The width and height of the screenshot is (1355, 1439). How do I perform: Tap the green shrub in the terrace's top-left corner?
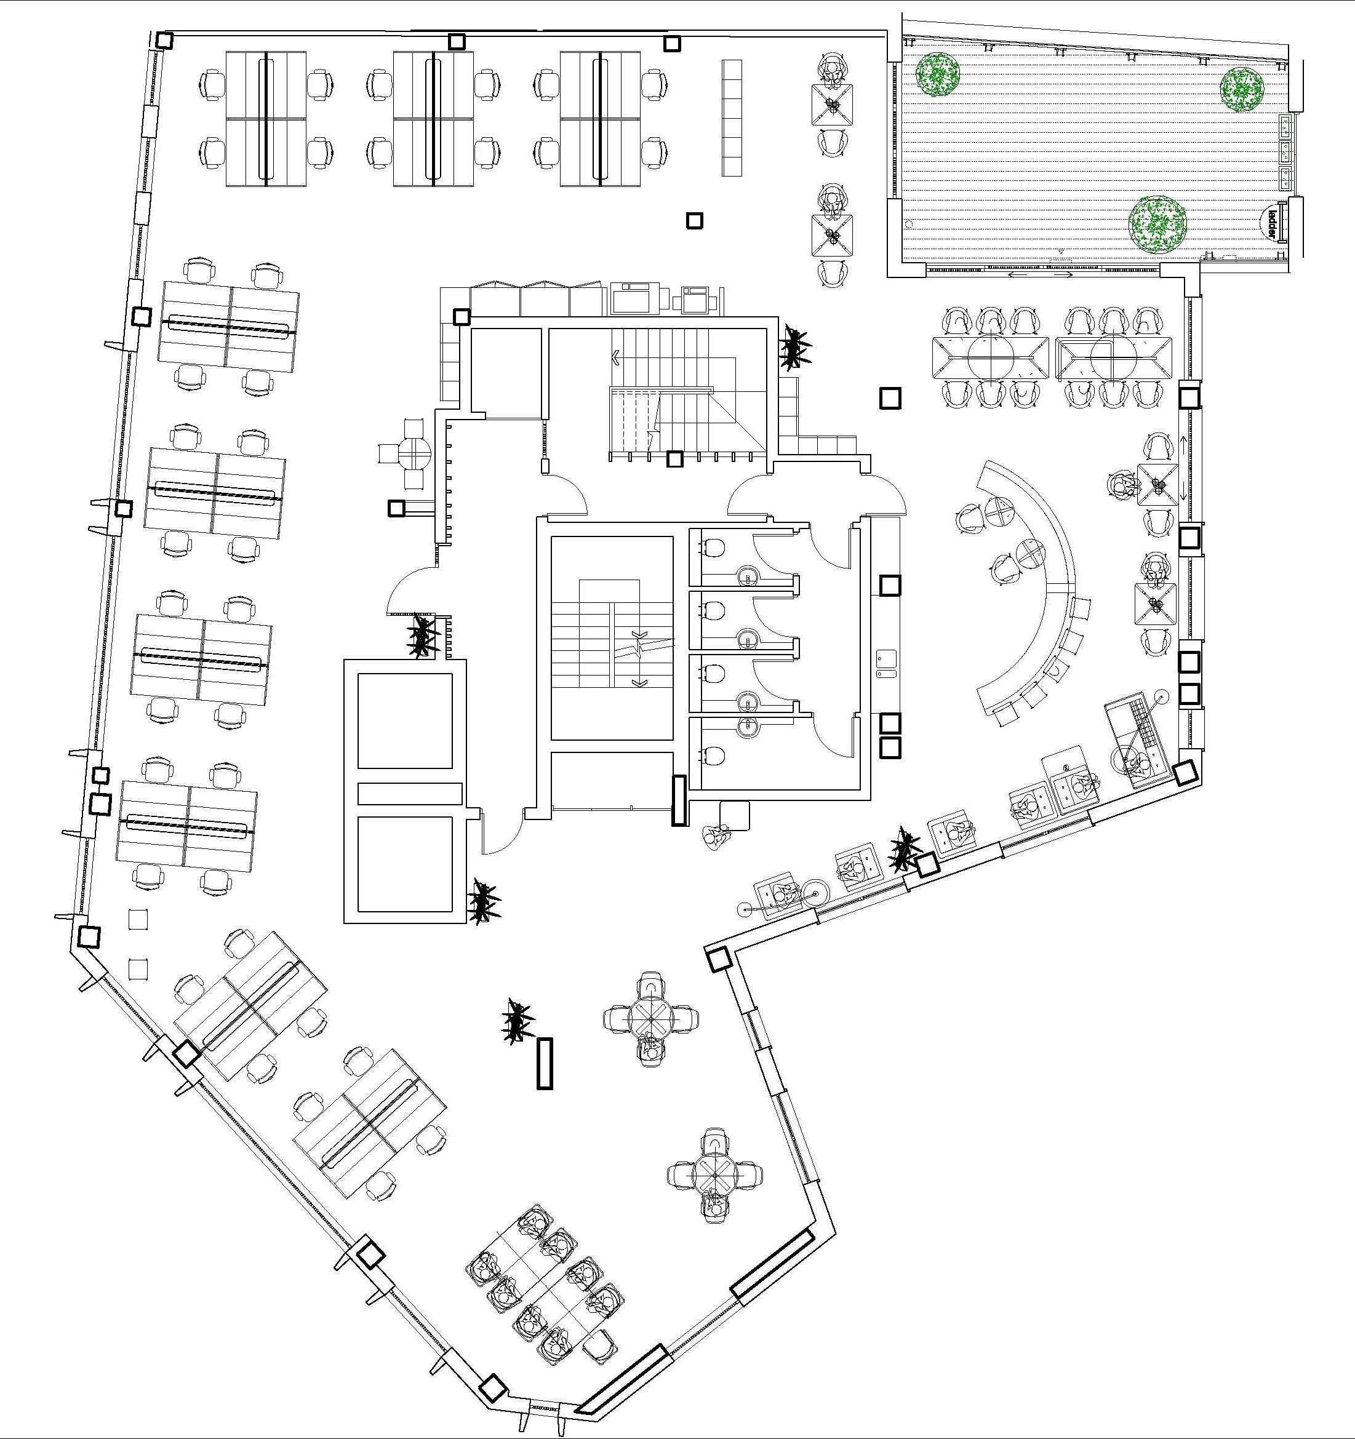click(937, 74)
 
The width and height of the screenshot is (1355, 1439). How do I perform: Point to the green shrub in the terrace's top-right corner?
click(1241, 89)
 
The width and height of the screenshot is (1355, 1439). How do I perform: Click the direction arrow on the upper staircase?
click(616, 357)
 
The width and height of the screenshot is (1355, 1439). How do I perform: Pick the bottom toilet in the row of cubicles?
click(714, 755)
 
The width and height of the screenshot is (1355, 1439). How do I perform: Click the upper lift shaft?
click(405, 721)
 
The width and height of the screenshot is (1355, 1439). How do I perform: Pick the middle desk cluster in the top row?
click(433, 119)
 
